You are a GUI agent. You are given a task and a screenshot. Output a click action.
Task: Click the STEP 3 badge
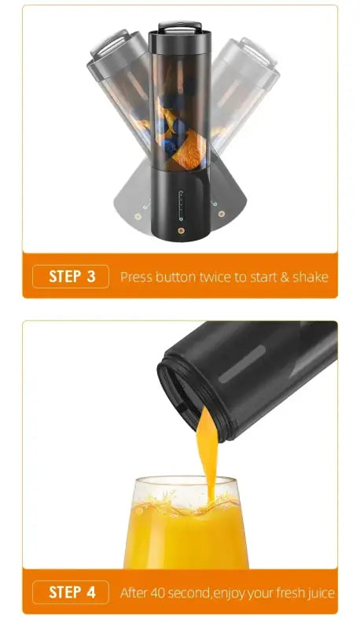[x=71, y=277]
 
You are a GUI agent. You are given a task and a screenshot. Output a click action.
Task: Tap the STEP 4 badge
[x=71, y=592]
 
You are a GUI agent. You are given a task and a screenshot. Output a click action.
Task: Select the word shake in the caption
[x=310, y=277]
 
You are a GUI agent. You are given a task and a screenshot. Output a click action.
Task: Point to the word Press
[x=136, y=277]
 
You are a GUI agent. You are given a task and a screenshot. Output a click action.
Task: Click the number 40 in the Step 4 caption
[x=160, y=593]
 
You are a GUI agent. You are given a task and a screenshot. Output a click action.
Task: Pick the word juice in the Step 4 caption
[x=319, y=593]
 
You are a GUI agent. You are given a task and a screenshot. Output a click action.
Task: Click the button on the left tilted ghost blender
[x=138, y=215]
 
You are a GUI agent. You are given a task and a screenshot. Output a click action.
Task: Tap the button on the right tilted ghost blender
[x=222, y=214]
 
